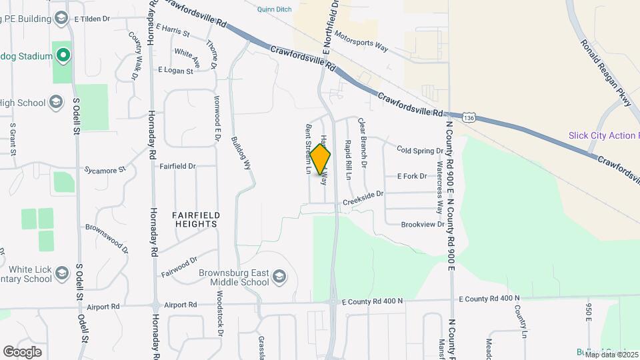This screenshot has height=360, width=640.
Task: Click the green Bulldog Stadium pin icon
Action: (63, 55)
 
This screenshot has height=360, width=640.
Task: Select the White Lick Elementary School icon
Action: (62, 273)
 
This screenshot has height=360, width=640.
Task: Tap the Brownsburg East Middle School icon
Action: (280, 277)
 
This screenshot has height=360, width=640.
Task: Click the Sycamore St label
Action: (105, 171)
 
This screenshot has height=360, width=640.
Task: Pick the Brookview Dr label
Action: (423, 225)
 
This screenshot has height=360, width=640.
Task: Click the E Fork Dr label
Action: (411, 176)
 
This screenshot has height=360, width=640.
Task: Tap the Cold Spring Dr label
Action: (419, 151)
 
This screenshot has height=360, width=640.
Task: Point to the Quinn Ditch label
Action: (279, 9)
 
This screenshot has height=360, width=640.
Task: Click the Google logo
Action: (22, 351)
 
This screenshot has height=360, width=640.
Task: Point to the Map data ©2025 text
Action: (611, 354)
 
